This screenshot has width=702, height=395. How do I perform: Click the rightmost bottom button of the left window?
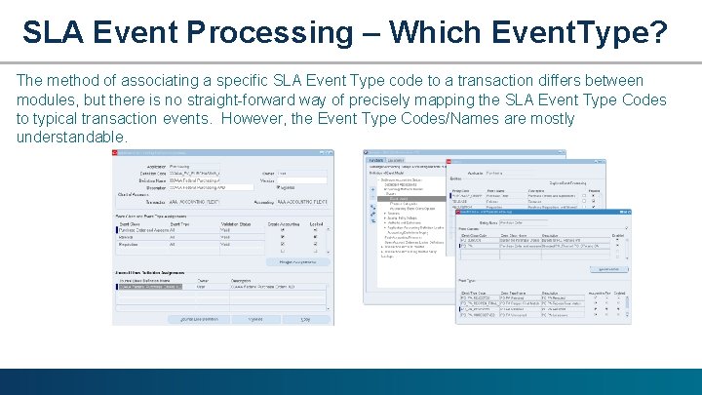(x=304, y=319)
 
